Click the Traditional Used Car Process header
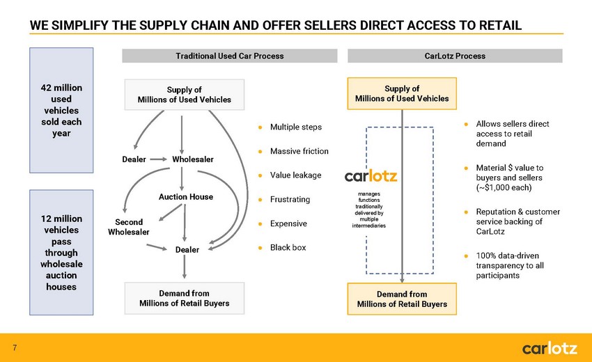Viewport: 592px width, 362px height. (230, 56)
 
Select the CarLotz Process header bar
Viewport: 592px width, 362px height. (455, 56)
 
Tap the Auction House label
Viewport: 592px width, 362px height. (186, 197)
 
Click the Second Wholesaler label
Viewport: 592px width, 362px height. (129, 227)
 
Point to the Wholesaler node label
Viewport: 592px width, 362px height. (193, 159)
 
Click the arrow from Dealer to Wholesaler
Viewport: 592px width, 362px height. (158, 159)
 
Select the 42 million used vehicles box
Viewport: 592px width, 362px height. (61, 110)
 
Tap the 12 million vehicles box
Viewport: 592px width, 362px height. (61, 253)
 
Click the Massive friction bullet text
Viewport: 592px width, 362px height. (299, 151)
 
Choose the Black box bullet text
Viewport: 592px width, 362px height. (288, 248)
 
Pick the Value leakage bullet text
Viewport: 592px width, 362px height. (295, 175)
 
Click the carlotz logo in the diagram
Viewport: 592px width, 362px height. (371, 176)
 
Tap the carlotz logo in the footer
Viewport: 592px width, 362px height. (550, 348)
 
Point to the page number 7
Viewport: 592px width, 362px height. (15, 347)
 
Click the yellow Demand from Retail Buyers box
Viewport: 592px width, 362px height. (402, 299)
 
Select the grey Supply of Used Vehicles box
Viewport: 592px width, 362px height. (185, 95)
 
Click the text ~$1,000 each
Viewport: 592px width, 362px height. (504, 187)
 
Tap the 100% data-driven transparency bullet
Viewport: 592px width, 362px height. (510, 265)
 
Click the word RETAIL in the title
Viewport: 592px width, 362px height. (500, 25)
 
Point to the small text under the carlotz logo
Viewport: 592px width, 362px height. (369, 210)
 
